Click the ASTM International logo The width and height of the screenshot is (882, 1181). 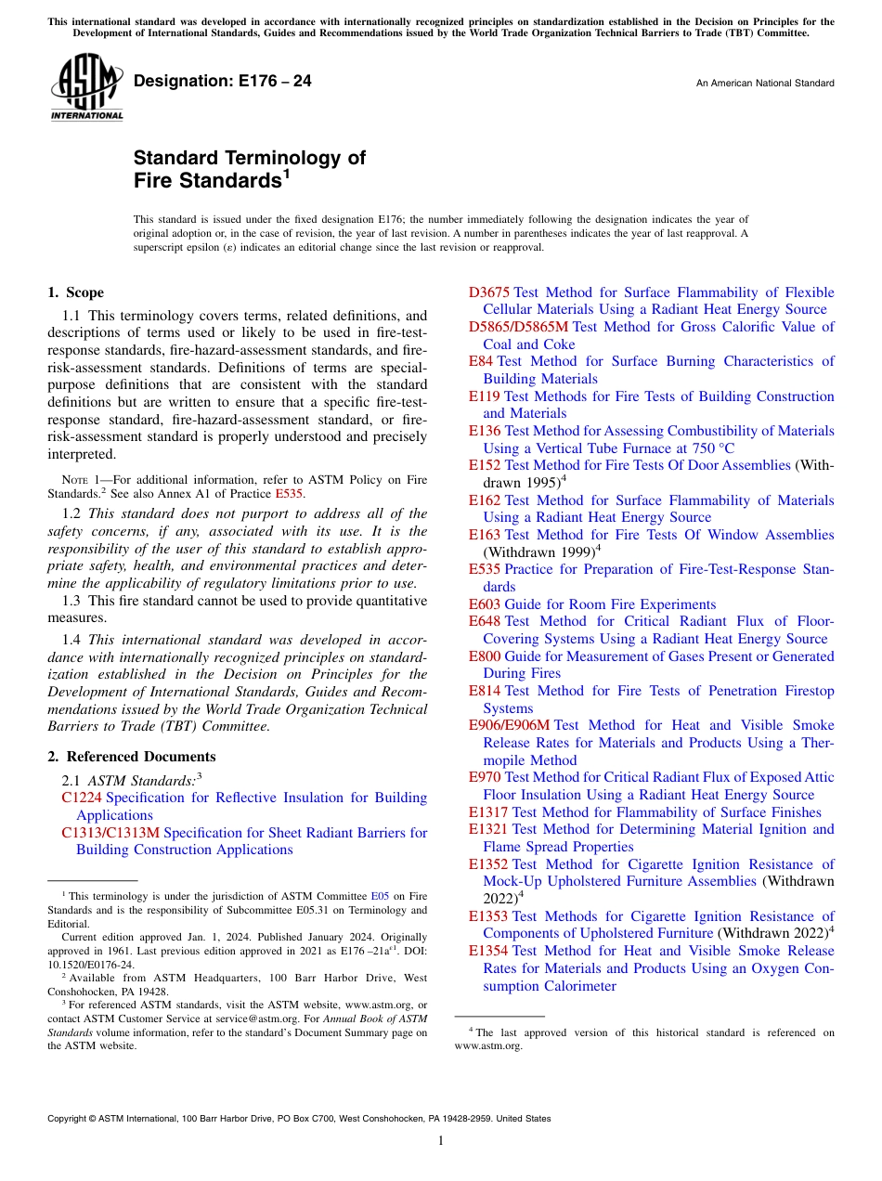[85, 87]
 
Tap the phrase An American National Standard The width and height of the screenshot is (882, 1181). [764, 84]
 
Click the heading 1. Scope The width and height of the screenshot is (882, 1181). [75, 292]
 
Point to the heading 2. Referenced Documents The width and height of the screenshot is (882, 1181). [131, 757]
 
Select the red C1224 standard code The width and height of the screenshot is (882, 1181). [82, 798]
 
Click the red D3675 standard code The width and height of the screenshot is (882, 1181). [488, 292]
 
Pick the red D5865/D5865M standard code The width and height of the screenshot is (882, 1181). [518, 327]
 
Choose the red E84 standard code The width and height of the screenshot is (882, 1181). [481, 361]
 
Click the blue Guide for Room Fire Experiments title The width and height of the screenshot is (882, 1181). [610, 604]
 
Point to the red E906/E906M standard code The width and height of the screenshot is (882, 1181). [509, 725]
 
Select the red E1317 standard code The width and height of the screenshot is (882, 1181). [488, 812]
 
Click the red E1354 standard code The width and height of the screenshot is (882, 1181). [488, 951]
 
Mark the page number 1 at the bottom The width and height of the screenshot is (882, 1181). [441, 1141]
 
